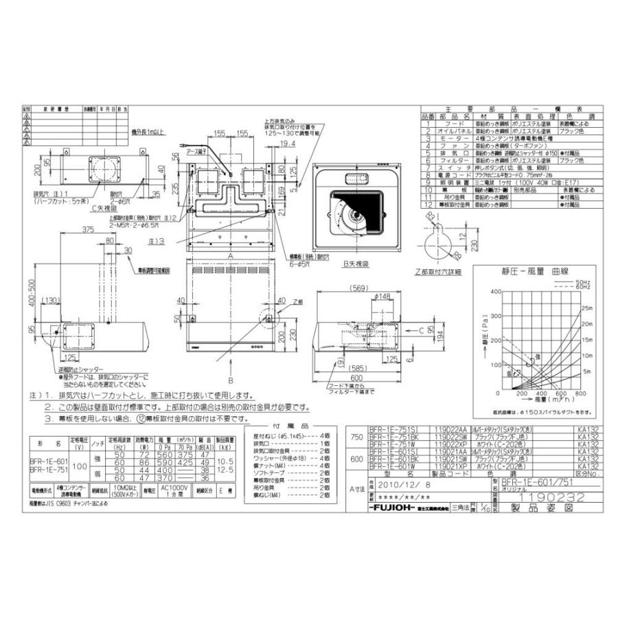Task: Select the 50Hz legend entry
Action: tap(584, 282)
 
